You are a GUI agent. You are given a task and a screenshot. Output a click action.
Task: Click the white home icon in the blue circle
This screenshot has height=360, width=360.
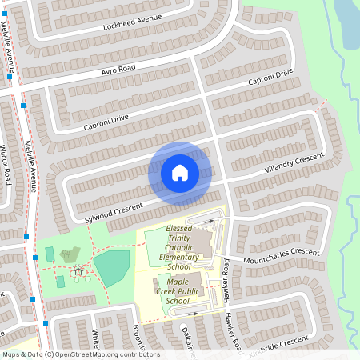[x=180, y=172]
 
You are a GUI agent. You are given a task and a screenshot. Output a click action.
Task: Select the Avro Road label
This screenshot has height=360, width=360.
[x=118, y=70]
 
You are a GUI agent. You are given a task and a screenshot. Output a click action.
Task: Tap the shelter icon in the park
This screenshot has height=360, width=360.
[x=78, y=272]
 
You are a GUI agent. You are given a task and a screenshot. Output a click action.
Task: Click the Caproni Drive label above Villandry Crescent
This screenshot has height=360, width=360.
[x=270, y=78]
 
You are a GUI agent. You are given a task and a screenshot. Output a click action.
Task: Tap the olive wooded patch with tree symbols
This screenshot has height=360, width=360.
[x=70, y=255]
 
